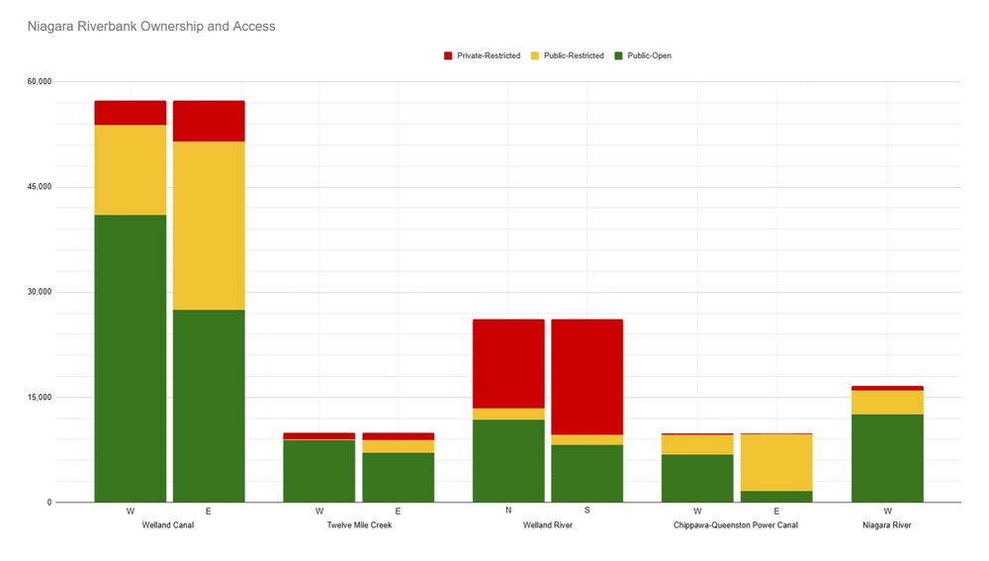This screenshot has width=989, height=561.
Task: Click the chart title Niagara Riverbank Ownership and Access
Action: (x=151, y=27)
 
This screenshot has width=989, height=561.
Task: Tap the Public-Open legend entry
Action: (x=649, y=55)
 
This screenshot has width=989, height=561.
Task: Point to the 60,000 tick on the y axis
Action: (x=39, y=81)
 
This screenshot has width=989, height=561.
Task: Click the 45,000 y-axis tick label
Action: (x=39, y=187)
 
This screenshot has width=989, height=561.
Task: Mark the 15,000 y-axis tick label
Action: (x=39, y=398)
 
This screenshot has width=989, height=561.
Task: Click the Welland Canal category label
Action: (x=169, y=525)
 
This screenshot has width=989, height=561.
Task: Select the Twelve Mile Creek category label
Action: (x=359, y=525)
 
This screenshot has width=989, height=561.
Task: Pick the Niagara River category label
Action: (x=887, y=525)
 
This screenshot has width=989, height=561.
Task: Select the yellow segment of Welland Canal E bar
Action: (x=209, y=226)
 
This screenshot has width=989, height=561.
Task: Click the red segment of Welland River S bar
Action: (x=587, y=377)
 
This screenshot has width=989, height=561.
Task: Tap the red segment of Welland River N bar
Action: (x=508, y=363)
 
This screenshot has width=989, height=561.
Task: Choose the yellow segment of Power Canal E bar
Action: (x=776, y=462)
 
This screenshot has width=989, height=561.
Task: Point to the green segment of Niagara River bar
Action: (x=887, y=458)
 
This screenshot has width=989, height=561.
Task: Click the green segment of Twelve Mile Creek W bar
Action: (x=319, y=471)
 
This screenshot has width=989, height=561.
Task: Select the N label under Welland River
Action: (x=508, y=511)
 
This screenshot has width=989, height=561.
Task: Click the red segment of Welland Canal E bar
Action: (x=209, y=121)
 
